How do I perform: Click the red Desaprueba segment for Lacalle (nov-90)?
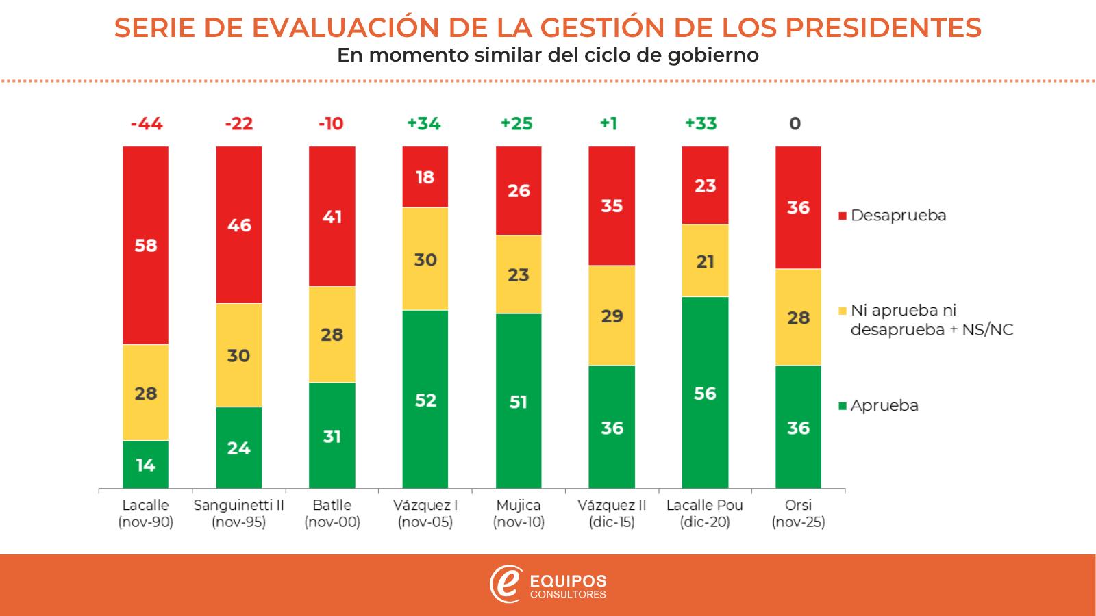[x=146, y=245]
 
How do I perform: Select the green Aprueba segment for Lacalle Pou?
[x=705, y=392]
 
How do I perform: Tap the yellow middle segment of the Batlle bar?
[x=332, y=334]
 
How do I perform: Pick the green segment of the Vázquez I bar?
[x=425, y=399]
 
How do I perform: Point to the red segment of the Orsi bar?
[x=798, y=207]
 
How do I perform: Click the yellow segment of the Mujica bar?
[x=519, y=274]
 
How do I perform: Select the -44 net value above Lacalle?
[x=146, y=124]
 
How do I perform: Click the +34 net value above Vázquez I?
[x=424, y=124]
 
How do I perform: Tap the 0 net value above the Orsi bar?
[x=795, y=124]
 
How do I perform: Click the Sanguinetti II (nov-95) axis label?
[x=238, y=513]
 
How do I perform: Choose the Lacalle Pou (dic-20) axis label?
[x=705, y=513]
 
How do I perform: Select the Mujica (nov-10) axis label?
[x=519, y=513]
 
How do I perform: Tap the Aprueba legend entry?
[x=884, y=406]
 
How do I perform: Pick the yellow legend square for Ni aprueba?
[x=843, y=311]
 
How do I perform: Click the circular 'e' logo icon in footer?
[x=506, y=585]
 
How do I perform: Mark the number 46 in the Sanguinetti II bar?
[x=238, y=225]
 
